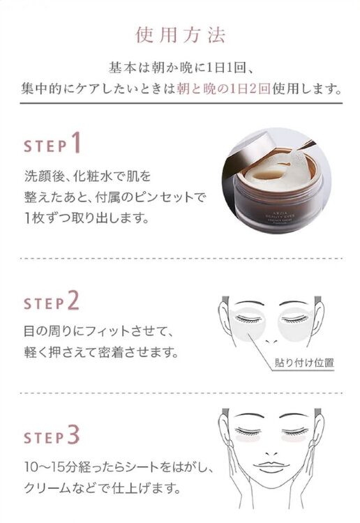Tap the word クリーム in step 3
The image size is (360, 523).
click(42, 486)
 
